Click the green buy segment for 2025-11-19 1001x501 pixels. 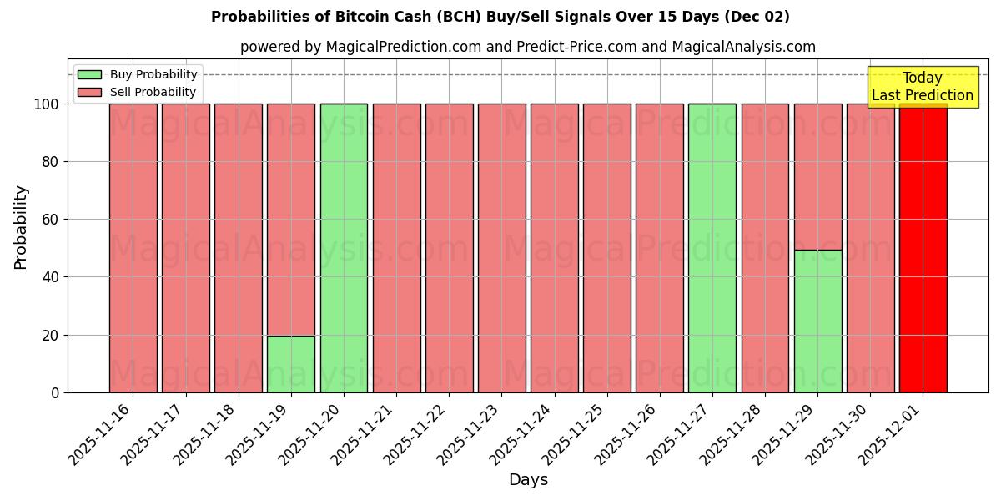coord(291,364)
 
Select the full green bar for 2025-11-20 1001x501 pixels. coord(344,248)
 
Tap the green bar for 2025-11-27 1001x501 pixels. coord(712,248)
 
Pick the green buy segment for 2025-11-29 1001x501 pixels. coord(817,321)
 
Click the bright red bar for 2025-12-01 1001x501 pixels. coord(923,248)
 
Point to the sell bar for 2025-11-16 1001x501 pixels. coord(133,248)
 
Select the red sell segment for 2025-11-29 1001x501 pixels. coord(817,176)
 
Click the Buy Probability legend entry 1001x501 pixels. coord(138,75)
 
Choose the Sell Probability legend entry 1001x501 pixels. coord(138,93)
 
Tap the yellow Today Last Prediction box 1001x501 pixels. coord(922,87)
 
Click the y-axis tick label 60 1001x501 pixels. coord(52,220)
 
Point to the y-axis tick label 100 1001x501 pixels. coord(48,104)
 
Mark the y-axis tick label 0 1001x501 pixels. coord(56,392)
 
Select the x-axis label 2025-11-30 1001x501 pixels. coord(838,435)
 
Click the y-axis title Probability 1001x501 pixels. coord(21,227)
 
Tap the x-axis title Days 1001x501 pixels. coord(528,480)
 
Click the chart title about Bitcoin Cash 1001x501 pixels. coord(500,17)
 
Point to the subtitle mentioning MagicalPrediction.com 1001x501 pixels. coord(528,48)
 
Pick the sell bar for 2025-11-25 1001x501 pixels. coord(607,248)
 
